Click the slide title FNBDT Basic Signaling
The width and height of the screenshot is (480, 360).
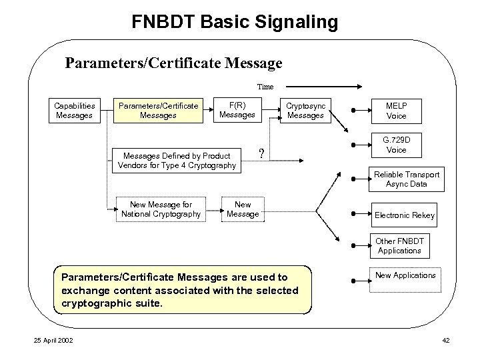235,22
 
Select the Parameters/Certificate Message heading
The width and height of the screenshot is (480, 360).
173,63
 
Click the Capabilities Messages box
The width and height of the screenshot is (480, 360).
74,111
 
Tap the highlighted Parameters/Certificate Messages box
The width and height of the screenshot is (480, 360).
158,111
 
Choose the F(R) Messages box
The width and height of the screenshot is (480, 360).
237,110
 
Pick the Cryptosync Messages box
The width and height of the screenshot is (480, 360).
305,111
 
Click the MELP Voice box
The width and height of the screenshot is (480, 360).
396,111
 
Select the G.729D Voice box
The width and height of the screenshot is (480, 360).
396,145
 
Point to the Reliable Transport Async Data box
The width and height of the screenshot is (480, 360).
405,179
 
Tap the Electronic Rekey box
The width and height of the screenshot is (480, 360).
404,215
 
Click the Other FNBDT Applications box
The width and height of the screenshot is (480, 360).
399,246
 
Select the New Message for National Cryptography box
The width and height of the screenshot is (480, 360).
161,209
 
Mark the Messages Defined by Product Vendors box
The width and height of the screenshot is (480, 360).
177,160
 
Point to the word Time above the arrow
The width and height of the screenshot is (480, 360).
265,86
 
